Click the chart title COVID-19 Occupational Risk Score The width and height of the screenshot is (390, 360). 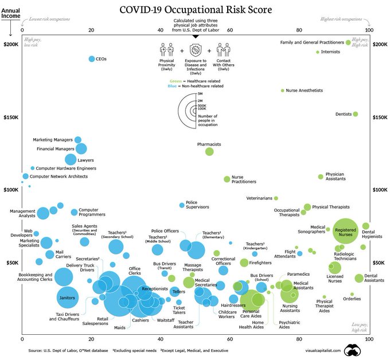click(196, 10)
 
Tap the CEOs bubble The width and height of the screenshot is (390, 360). click(92, 59)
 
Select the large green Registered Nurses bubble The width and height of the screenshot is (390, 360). click(349, 230)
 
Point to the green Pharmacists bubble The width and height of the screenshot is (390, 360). click(209, 151)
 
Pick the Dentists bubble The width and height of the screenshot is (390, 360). click(356, 114)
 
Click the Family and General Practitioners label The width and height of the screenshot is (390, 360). click(312, 42)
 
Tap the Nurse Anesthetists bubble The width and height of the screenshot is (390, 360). click(283, 91)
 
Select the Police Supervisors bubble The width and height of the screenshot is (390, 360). click(182, 205)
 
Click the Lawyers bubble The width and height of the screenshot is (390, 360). click(71, 159)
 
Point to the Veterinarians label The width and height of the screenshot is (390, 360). click(259, 198)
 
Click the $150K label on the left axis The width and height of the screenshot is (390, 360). click(11, 118)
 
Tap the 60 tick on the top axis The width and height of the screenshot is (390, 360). click(229, 30)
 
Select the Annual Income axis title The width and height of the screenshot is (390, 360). click(10, 13)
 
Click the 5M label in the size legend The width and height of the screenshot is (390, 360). click(200, 93)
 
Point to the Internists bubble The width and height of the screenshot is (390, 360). click(318, 52)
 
